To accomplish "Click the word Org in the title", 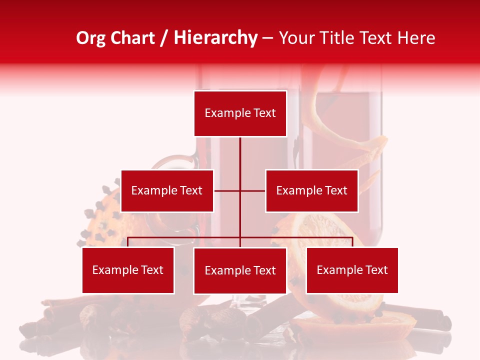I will [90, 38].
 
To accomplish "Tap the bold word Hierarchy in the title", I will [215, 38].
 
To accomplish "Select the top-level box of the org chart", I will [240, 113].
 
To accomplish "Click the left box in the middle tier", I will [167, 190].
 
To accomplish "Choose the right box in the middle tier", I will [311, 190].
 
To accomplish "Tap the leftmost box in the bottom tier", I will [128, 270].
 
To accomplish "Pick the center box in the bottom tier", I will [240, 270].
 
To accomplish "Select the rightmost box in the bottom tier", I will [352, 270].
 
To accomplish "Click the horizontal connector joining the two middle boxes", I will [252, 190].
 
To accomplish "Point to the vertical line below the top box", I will [240, 155].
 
